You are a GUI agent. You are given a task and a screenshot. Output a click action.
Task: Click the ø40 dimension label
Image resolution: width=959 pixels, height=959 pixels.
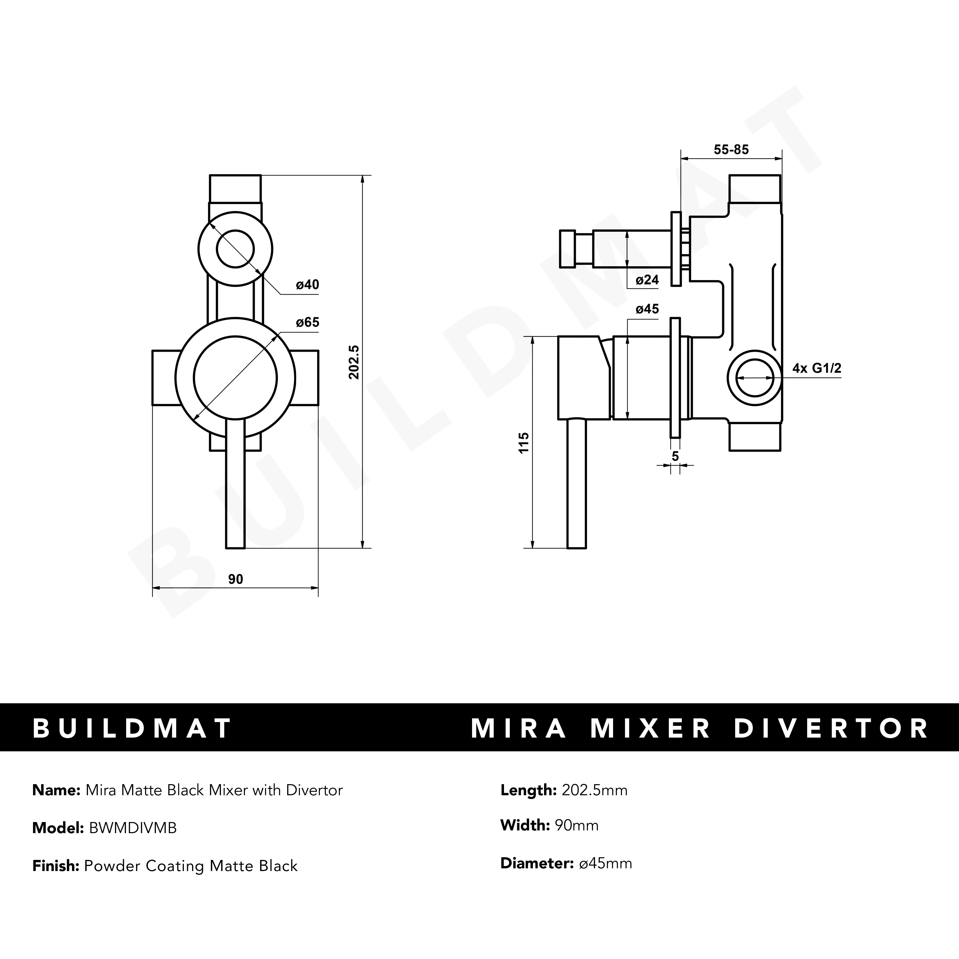tap(307, 285)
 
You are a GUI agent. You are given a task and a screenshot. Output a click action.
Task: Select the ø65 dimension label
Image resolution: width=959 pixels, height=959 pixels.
tap(307, 323)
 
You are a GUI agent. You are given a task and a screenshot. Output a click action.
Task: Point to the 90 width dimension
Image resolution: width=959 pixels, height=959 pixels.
tap(235, 579)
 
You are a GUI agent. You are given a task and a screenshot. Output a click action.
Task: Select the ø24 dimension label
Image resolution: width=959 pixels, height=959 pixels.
tap(647, 280)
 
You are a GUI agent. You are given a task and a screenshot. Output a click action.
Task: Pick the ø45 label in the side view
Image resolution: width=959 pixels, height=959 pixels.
tap(647, 309)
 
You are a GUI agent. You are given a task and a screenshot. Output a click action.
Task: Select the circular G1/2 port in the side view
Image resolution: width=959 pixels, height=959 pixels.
tap(754, 378)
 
